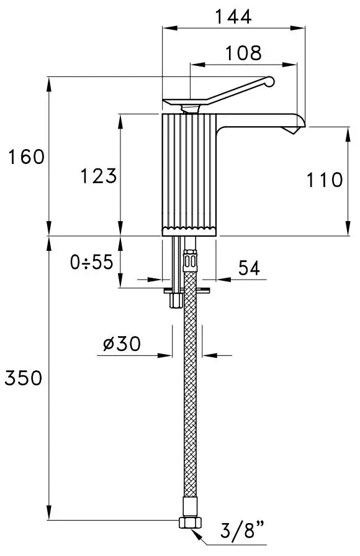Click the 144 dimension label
233,16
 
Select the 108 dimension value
243,53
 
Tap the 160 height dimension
26,157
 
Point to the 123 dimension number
99,176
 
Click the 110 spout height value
324,180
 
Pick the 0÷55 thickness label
91,262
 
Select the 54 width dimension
249,268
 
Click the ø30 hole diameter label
122,344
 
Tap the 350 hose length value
24,378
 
